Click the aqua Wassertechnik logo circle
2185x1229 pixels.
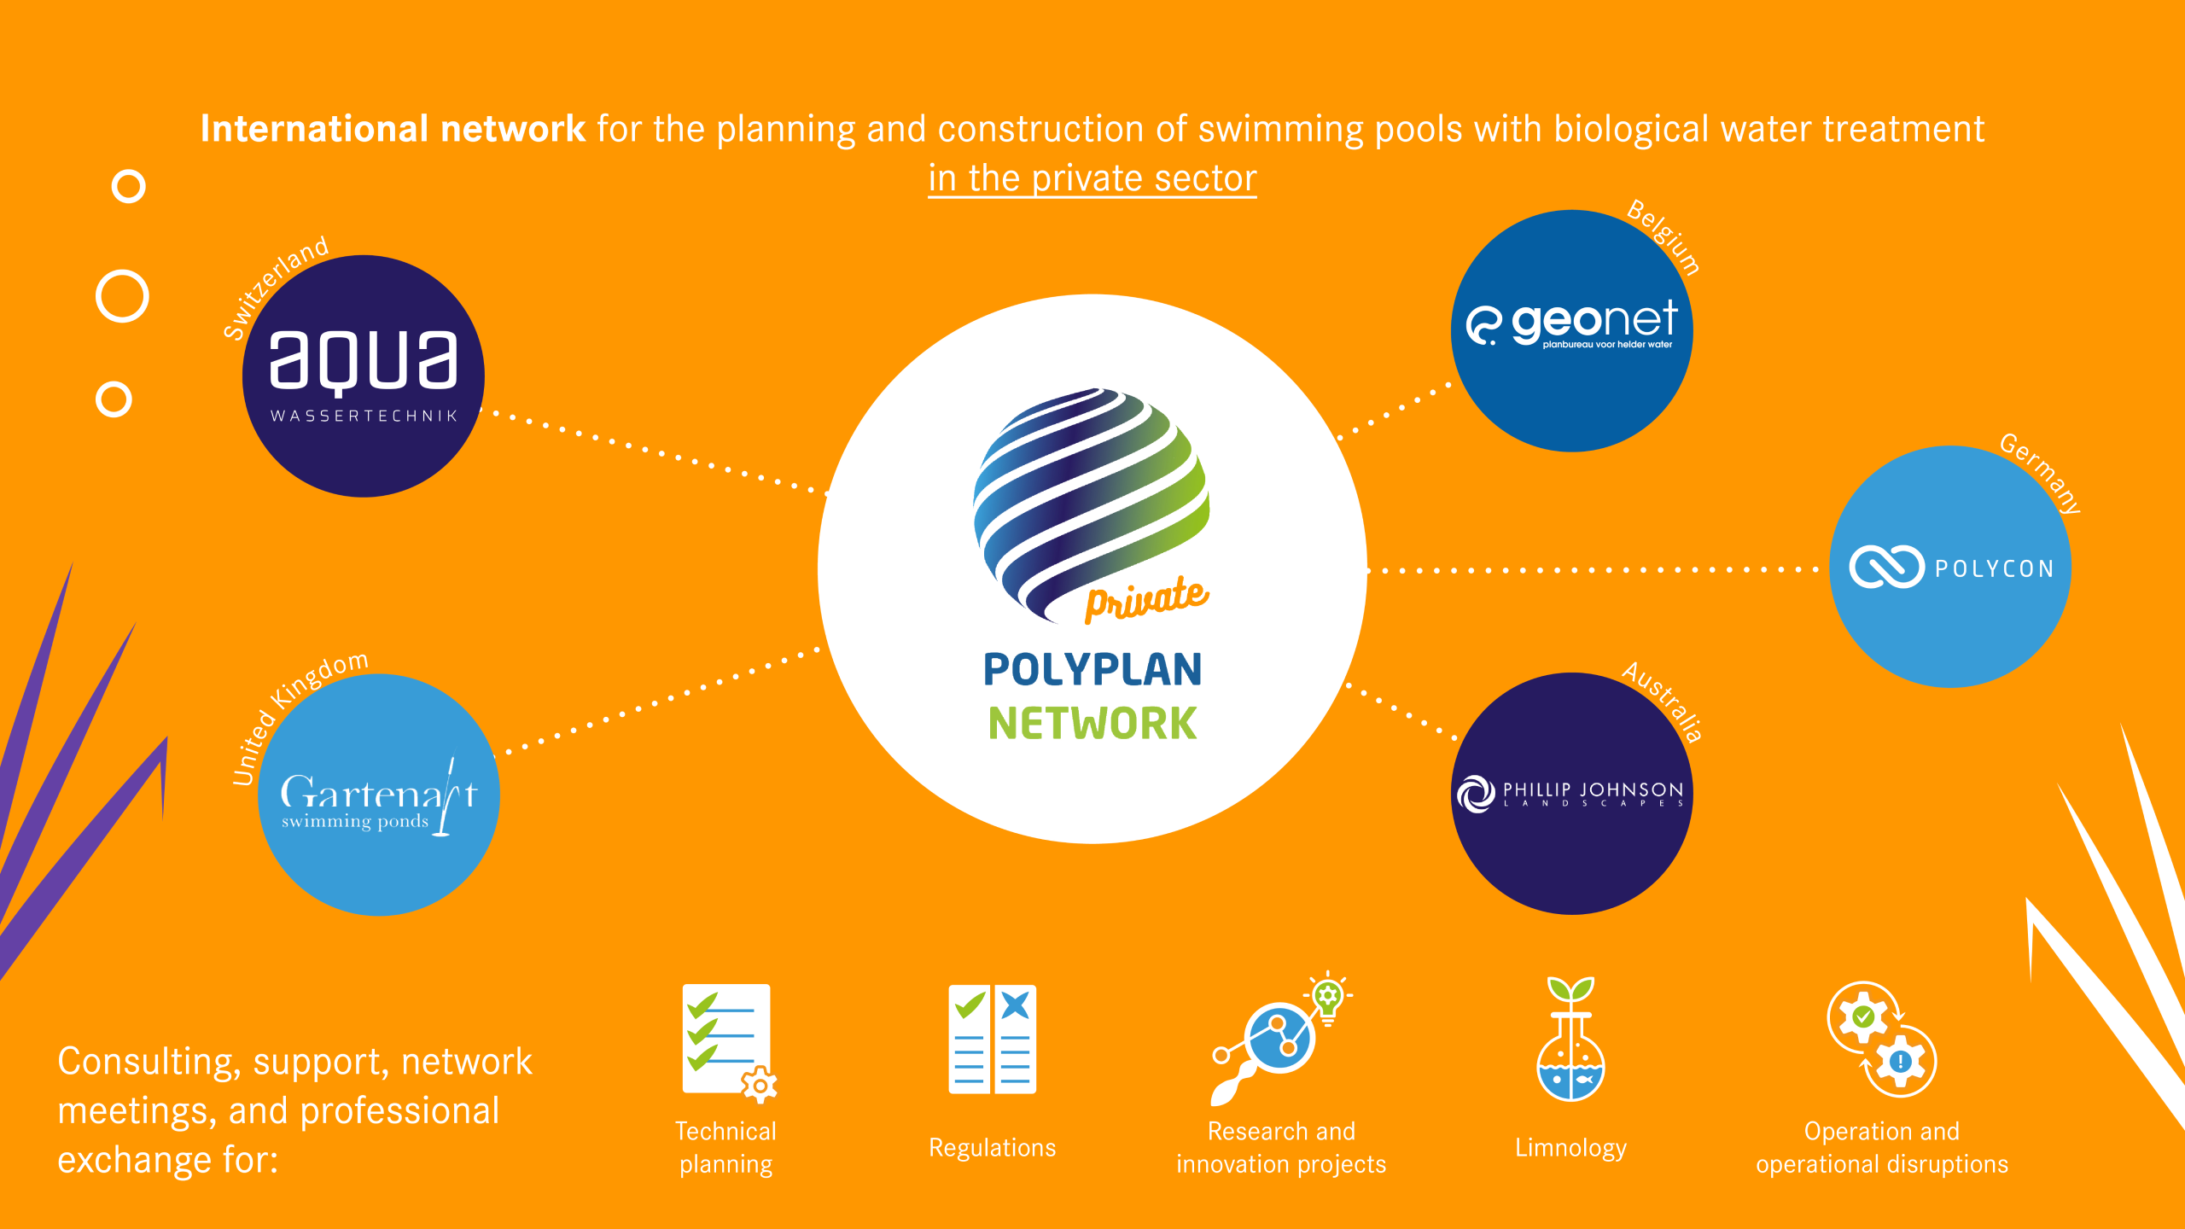coord(364,376)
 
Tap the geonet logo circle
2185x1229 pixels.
coord(1571,331)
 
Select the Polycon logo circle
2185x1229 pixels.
coord(1950,567)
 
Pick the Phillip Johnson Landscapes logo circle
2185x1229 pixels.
coord(1571,794)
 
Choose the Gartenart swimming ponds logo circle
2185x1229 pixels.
coord(379,795)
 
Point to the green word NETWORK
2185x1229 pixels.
coord(1092,724)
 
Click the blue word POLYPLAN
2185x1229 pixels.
coord(1092,669)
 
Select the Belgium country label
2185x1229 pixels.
coord(1664,236)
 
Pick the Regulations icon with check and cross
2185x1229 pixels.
coord(992,1040)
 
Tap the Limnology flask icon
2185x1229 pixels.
coord(1570,1041)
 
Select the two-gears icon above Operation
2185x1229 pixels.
coord(1882,1040)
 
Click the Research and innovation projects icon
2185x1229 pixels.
coord(1280,1040)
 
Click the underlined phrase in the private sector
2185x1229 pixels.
coord(1092,178)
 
